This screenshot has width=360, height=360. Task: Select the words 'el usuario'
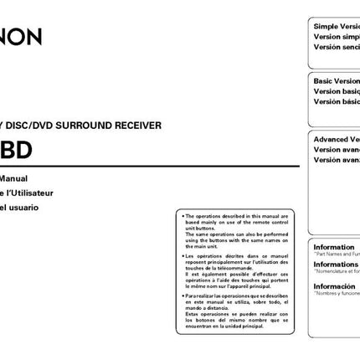(21, 207)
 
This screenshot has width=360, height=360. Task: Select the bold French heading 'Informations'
(336, 264)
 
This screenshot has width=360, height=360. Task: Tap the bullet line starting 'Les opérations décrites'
(237, 255)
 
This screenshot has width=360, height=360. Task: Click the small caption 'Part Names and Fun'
(337, 255)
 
